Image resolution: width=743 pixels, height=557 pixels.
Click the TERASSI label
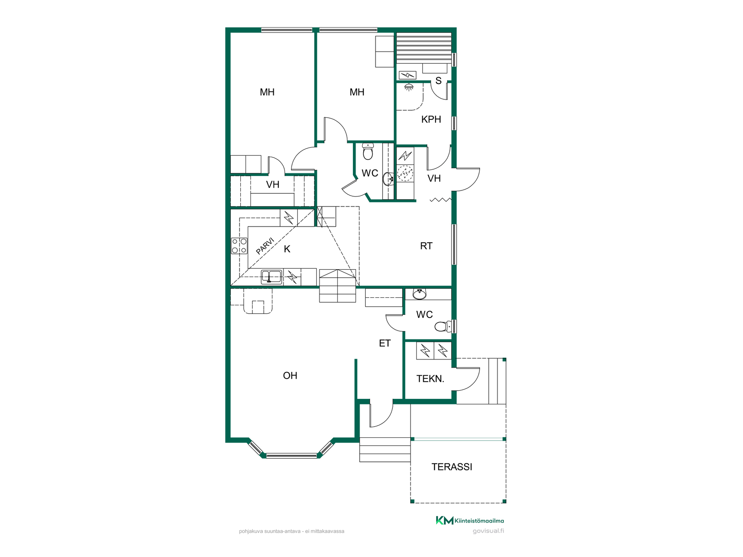coord(452,467)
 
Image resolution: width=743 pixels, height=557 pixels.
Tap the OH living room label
coord(290,376)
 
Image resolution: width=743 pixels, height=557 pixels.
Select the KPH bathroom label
coord(431,120)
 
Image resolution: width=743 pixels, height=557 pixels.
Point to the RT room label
coord(426,246)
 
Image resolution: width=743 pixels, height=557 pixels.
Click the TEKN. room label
coord(430,379)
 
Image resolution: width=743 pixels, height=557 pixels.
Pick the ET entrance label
coord(385,343)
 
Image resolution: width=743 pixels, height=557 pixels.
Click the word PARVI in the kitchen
coord(265,246)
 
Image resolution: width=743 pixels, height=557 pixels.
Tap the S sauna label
coord(438,81)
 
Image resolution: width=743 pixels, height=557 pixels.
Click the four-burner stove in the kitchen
coord(239,246)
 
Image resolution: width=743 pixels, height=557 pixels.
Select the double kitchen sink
coord(271,277)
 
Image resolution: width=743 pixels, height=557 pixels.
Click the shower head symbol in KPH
coord(409,87)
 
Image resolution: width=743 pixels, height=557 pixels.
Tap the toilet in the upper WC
coord(368,151)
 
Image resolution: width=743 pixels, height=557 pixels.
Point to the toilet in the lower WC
coord(443,326)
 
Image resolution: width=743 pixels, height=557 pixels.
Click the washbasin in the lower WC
coord(419,294)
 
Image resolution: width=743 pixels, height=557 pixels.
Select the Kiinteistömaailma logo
coord(470,521)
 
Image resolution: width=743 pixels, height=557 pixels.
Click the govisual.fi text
coord(488,531)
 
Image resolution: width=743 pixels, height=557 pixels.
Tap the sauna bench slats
coord(424,48)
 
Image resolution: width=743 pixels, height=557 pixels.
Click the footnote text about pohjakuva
coord(291,531)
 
